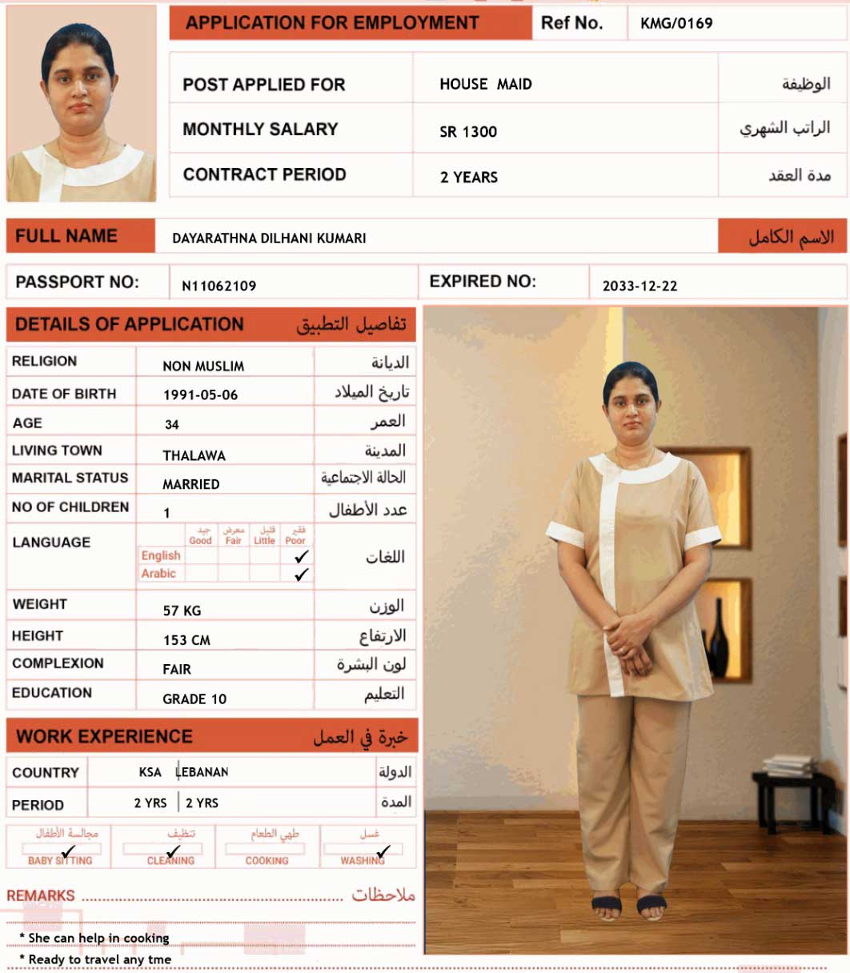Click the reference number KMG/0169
pyautogui.click(x=676, y=23)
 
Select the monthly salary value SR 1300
pyautogui.click(x=468, y=132)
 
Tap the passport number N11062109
pyautogui.click(x=219, y=286)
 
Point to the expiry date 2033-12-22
pyautogui.click(x=640, y=286)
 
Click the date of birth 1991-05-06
pyautogui.click(x=200, y=395)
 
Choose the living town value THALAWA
pyautogui.click(x=194, y=455)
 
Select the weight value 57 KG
pyautogui.click(x=182, y=611)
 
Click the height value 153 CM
pyautogui.click(x=186, y=640)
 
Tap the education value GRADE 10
pyautogui.click(x=194, y=699)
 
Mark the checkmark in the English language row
pyautogui.click(x=302, y=556)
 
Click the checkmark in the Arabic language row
pyautogui.click(x=302, y=575)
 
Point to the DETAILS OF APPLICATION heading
pyautogui.click(x=129, y=324)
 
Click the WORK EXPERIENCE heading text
pyautogui.click(x=104, y=737)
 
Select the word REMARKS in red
pyautogui.click(x=41, y=896)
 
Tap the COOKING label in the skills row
pyautogui.click(x=267, y=861)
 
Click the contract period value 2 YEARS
pyautogui.click(x=468, y=178)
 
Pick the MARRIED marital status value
pyautogui.click(x=190, y=484)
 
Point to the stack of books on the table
pyautogui.click(x=788, y=765)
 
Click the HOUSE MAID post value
pyautogui.click(x=485, y=84)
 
